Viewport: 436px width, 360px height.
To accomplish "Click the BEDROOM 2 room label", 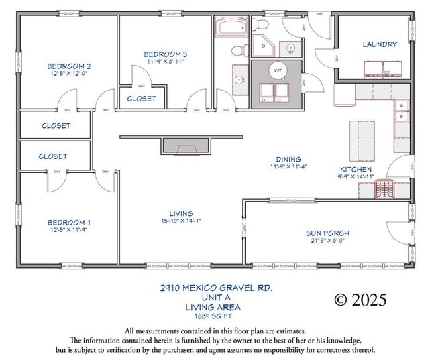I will (68, 66).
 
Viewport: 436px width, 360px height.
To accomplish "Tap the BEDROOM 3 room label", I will (165, 54).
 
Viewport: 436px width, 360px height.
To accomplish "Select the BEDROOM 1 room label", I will (68, 222).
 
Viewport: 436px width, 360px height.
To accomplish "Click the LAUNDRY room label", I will (380, 44).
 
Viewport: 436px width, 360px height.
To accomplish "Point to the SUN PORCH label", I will (327, 233).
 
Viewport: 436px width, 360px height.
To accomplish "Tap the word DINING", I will (288, 160).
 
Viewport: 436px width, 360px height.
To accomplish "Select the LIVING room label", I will (181, 213).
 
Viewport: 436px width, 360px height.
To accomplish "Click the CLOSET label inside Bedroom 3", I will (142, 99).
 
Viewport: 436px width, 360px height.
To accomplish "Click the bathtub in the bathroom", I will (232, 27).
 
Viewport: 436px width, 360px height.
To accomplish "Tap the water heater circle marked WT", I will (278, 69).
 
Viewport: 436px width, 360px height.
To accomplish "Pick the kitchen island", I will (362, 140).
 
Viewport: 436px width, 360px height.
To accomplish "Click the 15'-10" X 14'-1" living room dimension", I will (181, 221).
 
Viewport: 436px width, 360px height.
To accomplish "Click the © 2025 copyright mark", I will (361, 300).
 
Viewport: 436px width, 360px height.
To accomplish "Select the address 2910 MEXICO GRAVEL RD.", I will (213, 288).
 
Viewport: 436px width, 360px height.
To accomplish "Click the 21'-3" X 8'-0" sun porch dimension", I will (327, 241).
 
